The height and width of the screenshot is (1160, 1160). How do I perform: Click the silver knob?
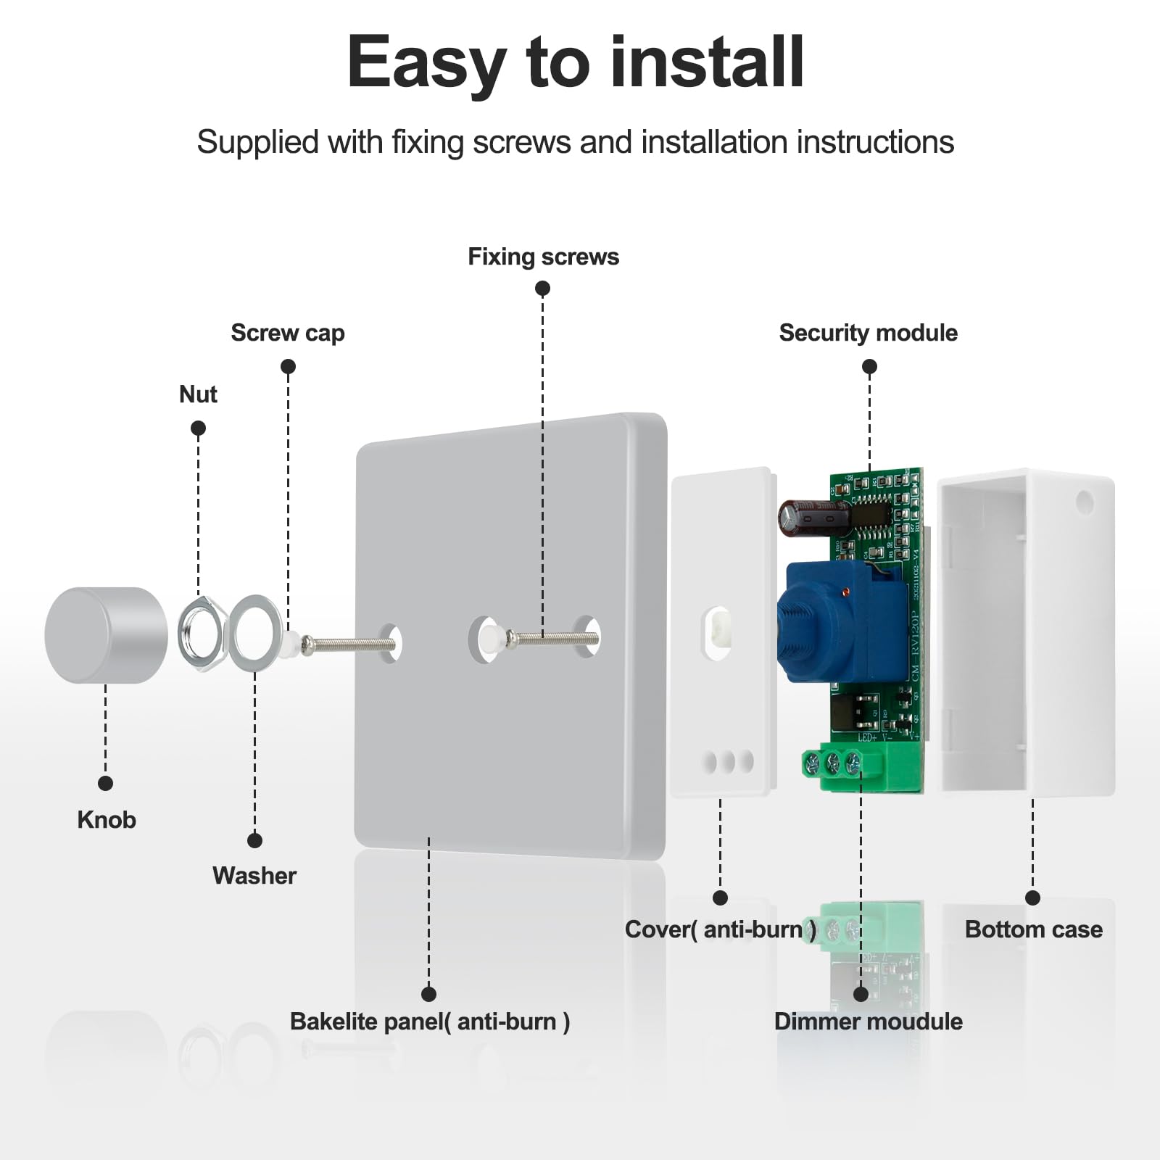coord(105,635)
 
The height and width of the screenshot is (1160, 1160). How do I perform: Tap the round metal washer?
coord(256,634)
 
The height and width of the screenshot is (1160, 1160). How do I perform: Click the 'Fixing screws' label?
coord(543,257)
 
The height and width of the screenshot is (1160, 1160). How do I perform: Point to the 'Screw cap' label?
coord(287,333)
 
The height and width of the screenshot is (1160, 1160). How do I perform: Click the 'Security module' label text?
coord(868,333)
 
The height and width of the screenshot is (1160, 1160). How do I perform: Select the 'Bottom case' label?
coord(1033,929)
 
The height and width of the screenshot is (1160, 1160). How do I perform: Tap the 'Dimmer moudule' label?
coord(868,1022)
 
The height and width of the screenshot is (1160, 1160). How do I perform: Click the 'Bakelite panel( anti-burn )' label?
coord(429,1022)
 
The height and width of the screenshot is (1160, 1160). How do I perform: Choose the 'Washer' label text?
coord(254,876)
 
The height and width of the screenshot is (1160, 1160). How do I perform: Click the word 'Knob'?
coord(107,820)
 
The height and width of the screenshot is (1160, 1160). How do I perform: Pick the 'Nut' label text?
coord(198,394)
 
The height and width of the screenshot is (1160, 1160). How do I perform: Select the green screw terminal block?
coord(845,766)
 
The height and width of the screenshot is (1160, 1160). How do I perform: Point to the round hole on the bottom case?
coord(1085,501)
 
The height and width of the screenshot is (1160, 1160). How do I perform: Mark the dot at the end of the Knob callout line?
coord(105,783)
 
